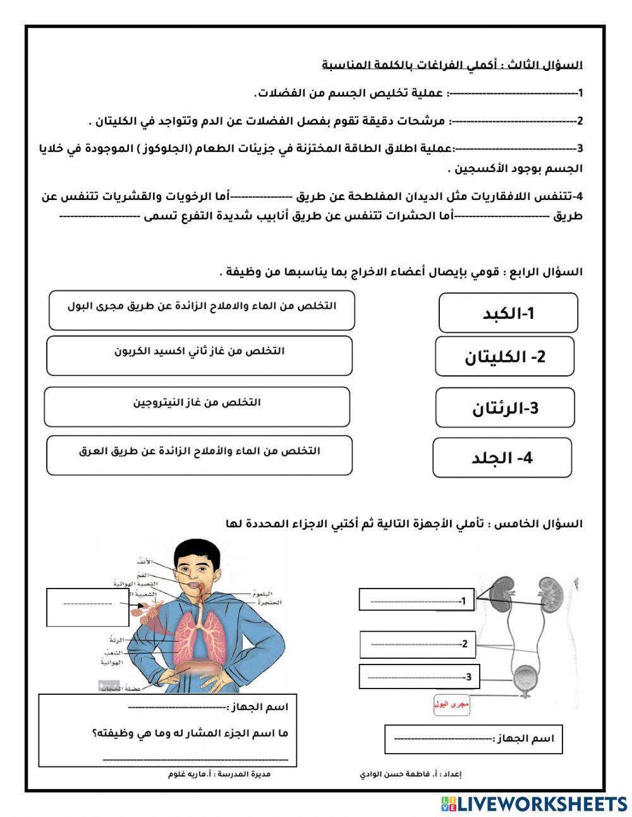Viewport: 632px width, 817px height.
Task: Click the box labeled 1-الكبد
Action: click(508, 313)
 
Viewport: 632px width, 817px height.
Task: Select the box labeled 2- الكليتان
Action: click(504, 356)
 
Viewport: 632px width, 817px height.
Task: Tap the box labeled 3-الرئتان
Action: click(504, 408)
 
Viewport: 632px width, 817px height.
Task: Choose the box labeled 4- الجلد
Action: click(502, 458)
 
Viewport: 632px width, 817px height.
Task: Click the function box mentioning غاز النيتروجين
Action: click(197, 407)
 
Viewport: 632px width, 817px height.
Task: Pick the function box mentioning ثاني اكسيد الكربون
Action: click(199, 356)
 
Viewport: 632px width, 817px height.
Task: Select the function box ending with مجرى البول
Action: click(202, 310)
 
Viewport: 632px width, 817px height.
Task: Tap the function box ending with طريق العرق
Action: click(199, 455)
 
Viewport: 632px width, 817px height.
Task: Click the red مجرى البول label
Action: click(451, 704)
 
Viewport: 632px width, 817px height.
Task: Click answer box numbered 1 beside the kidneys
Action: click(416, 600)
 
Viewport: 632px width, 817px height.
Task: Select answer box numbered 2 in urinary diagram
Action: click(417, 644)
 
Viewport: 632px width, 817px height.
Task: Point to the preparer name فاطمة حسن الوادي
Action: click(404, 774)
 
